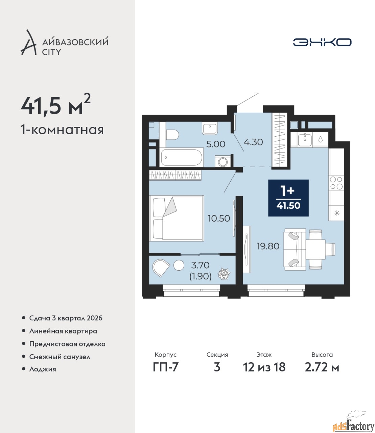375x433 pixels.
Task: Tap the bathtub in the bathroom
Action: pyautogui.click(x=181, y=157)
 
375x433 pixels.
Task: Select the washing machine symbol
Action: pyautogui.click(x=222, y=161)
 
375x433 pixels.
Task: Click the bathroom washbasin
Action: pyautogui.click(x=210, y=129)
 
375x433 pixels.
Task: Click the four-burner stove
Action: pyautogui.click(x=336, y=183)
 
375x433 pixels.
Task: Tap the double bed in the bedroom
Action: pyautogui.click(x=177, y=218)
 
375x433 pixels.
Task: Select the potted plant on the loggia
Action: pyautogui.click(x=224, y=274)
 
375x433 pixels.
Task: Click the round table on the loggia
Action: pyautogui.click(x=179, y=265)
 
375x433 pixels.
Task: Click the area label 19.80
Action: pyautogui.click(x=268, y=246)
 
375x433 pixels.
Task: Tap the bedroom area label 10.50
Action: pyautogui.click(x=219, y=219)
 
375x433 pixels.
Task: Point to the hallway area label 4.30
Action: pyautogui.click(x=253, y=142)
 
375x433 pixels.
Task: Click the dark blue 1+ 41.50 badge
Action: pyautogui.click(x=288, y=198)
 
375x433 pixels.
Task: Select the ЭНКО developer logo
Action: pyautogui.click(x=322, y=42)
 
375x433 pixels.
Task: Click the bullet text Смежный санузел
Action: pyautogui.click(x=60, y=357)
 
